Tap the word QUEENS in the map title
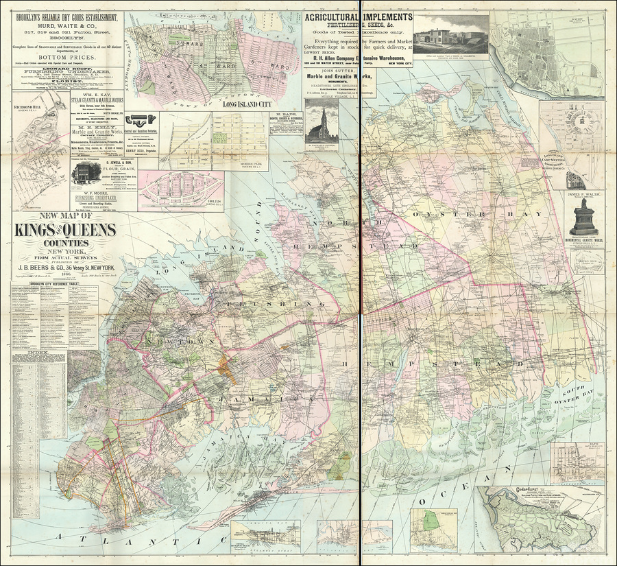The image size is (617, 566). [92, 231]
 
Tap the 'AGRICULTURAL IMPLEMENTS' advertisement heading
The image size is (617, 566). [358, 17]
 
